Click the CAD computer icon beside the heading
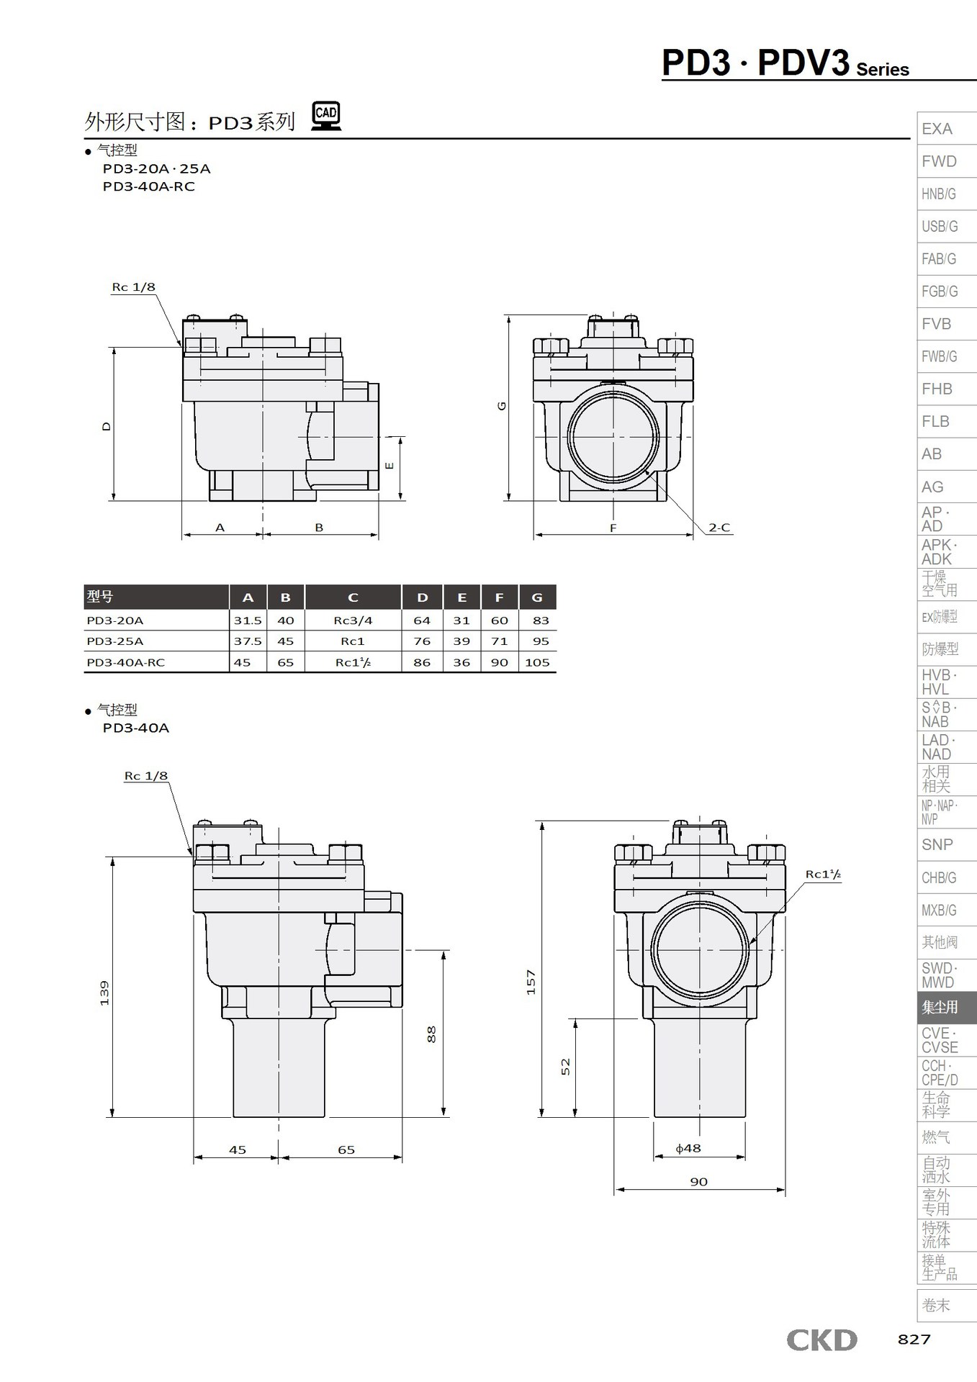326,116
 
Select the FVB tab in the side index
937,324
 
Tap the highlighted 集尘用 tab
940,1007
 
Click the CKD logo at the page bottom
821,1340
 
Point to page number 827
914,1339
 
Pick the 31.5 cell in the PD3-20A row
248,620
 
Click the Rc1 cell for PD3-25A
353,641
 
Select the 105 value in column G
538,662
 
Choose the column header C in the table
353,597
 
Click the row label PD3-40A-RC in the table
125,662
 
